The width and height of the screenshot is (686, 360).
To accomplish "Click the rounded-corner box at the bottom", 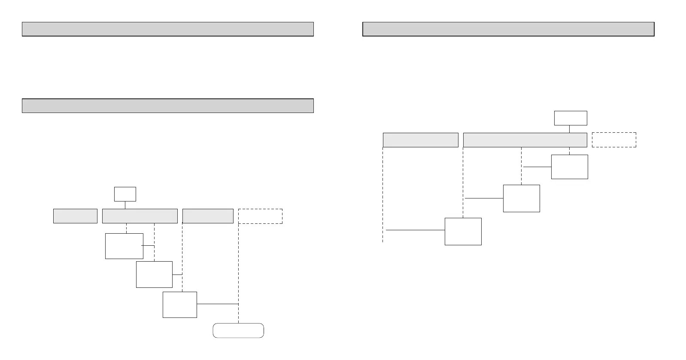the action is coord(238,330).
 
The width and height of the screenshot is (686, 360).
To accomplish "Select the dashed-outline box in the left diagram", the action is coord(260,216).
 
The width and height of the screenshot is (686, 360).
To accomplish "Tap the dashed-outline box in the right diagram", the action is coord(614,140).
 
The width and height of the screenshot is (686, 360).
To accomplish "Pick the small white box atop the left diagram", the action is coord(125,194).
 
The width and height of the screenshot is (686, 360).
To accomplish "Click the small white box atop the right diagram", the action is coord(571,118).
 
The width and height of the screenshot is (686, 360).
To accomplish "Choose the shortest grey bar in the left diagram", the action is coord(75,216).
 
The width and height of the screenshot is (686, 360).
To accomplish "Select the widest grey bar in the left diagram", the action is coord(140,216).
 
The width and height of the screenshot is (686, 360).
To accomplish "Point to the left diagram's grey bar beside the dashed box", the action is coord(208,216).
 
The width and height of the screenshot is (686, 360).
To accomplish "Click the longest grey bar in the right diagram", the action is coord(525,140).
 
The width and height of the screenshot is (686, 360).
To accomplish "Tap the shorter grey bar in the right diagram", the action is coord(420,140).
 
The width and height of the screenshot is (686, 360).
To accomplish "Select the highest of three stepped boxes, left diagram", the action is coord(124,246).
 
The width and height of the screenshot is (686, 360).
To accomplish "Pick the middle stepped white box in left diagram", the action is coord(154,275).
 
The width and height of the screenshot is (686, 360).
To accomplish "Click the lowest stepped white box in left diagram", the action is coord(180,305).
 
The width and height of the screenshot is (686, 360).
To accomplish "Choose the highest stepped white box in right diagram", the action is coord(569,167).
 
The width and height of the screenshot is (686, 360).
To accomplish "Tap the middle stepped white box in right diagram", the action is coord(521,198).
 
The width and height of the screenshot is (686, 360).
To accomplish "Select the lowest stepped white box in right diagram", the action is coord(463,232).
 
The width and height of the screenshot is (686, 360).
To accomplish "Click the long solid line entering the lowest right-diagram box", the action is coord(415,230).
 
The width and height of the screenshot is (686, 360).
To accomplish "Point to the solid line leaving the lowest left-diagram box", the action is coord(217,304).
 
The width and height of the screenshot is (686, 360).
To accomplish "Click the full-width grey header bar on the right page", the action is coord(508,29).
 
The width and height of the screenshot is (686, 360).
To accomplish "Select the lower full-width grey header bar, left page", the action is coord(168,106).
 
